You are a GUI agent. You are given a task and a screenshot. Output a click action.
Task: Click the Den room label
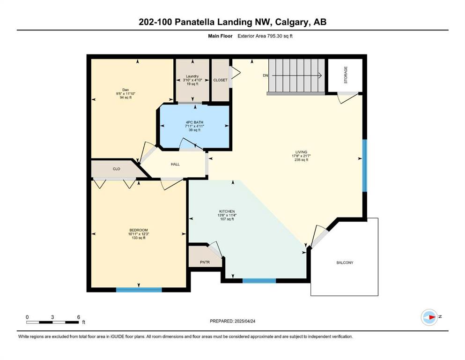pos(126,90)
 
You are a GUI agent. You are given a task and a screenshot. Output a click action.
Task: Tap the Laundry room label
pos(192,76)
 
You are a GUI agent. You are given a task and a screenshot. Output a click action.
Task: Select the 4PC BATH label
pos(194,122)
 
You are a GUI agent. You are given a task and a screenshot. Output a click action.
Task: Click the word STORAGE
pos(346,75)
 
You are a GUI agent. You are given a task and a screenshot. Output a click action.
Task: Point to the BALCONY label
pos(345,262)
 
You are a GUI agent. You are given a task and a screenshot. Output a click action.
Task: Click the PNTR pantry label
pos(205,262)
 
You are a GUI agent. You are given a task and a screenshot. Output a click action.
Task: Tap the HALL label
pos(175,164)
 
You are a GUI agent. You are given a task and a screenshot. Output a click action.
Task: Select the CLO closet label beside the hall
pos(116,169)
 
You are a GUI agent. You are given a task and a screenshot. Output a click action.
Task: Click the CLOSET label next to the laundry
pos(221,80)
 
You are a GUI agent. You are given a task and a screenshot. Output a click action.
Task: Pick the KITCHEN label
pos(227,211)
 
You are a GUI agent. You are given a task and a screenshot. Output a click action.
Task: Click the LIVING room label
pos(301,152)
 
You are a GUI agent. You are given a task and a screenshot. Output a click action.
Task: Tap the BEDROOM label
pos(139,230)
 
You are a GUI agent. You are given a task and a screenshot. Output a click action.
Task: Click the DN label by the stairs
pos(266,75)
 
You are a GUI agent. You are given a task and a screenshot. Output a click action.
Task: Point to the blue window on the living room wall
pos(365,165)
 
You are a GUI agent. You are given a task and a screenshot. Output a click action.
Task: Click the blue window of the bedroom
pos(139,290)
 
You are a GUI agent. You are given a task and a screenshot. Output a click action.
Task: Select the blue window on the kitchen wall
pos(259,281)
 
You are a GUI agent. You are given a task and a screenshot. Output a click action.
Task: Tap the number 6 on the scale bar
pos(79,317)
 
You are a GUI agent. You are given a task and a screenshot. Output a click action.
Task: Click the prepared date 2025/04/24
pos(245,321)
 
